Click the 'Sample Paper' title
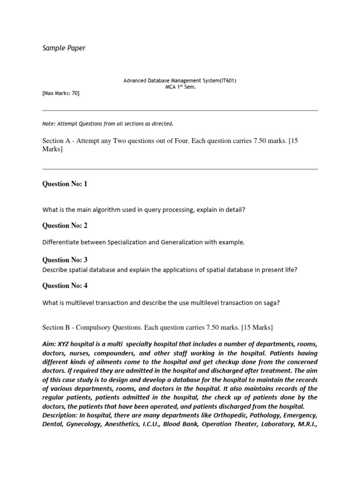(64, 48)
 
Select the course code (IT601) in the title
(227, 81)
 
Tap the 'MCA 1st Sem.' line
(180, 87)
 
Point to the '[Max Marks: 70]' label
(61, 93)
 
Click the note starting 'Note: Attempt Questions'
(108, 124)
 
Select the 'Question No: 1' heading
(65, 184)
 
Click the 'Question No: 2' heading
(65, 225)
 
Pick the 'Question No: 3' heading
(65, 260)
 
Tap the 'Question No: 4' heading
(65, 285)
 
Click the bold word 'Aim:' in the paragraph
(51, 345)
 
